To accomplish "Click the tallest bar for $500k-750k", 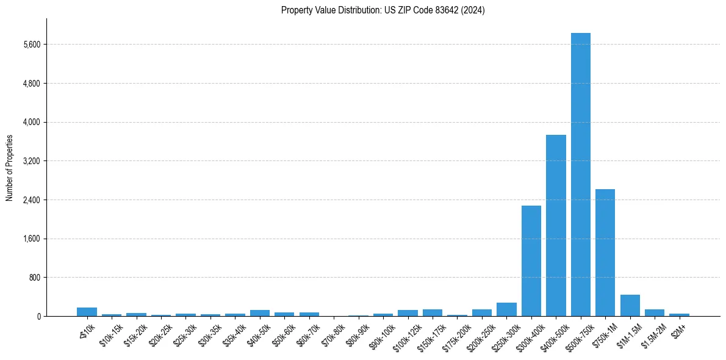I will (x=580, y=175).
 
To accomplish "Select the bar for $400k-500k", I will (x=556, y=225).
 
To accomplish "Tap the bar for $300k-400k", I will (x=531, y=261).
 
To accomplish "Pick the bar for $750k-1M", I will (x=605, y=253).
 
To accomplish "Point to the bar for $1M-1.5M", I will (x=630, y=305).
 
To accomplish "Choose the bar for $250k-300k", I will (x=506, y=309).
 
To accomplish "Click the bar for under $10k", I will (x=87, y=312).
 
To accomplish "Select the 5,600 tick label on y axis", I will (x=31, y=45).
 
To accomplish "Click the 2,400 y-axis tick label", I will (x=31, y=200).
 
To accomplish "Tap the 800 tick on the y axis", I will (x=34, y=278).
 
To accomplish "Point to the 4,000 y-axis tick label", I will (x=31, y=122).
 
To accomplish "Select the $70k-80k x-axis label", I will (x=334, y=334).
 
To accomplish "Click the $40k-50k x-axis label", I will (x=259, y=334).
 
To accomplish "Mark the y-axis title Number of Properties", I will (x=10, y=168).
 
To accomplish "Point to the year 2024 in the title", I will (x=473, y=10).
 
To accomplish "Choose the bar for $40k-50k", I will (x=260, y=313).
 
